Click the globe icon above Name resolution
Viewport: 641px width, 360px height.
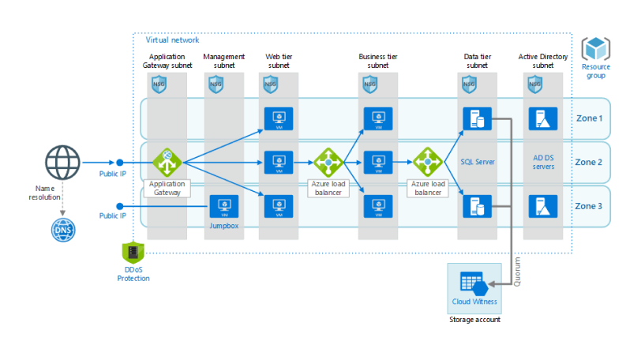pyautogui.click(x=62, y=163)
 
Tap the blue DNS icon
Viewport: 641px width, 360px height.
pyautogui.click(x=62, y=230)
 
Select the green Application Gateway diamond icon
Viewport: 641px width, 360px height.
pyautogui.click(x=167, y=163)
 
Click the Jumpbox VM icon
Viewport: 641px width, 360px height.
pyautogui.click(x=224, y=207)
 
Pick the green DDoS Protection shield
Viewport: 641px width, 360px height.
pyautogui.click(x=133, y=253)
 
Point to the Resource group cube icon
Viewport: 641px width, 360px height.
pyautogui.click(x=595, y=49)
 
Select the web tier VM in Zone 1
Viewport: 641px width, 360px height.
pyautogui.click(x=278, y=118)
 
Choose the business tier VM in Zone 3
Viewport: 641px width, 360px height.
pyautogui.click(x=378, y=207)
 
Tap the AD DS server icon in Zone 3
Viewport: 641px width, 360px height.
pyautogui.click(x=544, y=207)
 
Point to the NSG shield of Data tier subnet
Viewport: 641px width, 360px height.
pyautogui.click(x=469, y=84)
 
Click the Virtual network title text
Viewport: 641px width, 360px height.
pyautogui.click(x=172, y=40)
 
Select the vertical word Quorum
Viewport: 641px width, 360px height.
pyautogui.click(x=517, y=271)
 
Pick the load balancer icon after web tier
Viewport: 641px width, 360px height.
pyautogui.click(x=326, y=163)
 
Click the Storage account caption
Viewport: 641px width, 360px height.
pyautogui.click(x=474, y=320)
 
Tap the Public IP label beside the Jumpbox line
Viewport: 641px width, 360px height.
pyautogui.click(x=112, y=216)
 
